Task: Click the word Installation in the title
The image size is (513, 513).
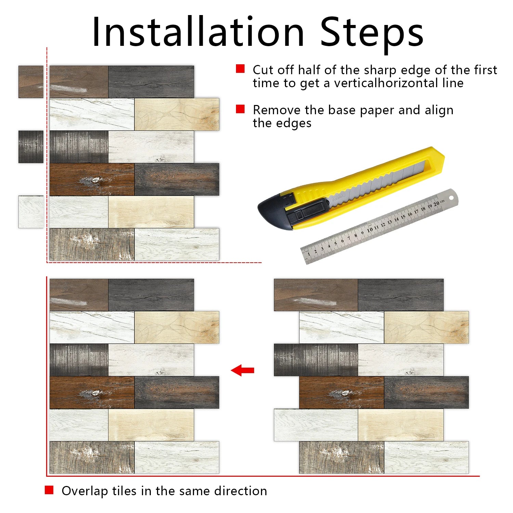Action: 198,31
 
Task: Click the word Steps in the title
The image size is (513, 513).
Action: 372,34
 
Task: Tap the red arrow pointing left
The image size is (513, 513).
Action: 242,370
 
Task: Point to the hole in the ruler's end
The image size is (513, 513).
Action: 451,197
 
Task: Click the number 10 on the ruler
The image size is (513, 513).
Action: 370,230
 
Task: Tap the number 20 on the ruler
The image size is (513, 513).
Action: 436,204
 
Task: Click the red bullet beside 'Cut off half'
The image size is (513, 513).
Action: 240,69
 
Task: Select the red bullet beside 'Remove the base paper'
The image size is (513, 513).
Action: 240,109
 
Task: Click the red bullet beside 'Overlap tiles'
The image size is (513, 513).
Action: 49,490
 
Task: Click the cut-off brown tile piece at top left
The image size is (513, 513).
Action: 31,82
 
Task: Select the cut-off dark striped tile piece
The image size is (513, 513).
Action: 31,147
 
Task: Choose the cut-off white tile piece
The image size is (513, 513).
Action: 31,212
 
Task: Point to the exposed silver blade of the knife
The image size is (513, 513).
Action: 376,181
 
